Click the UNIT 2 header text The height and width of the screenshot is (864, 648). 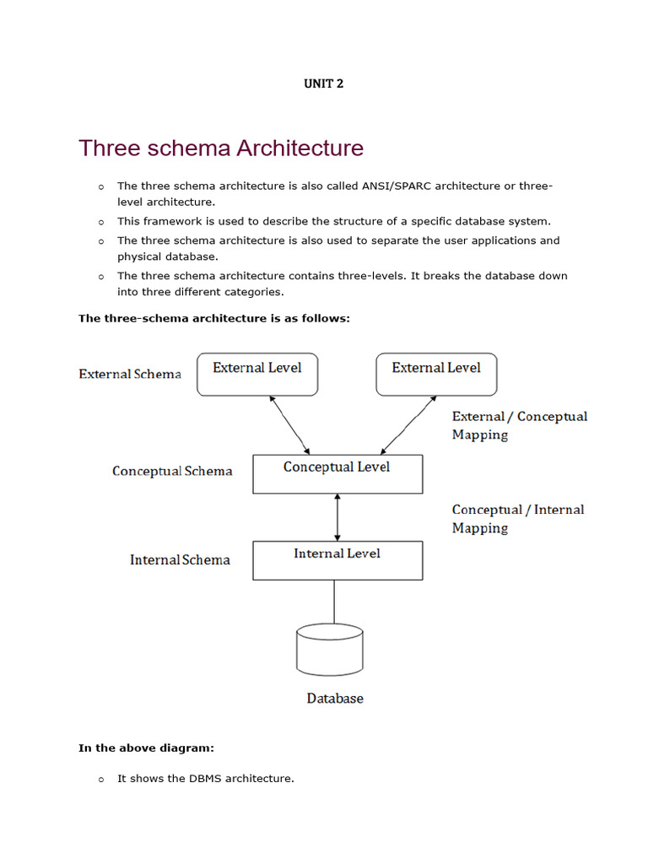point(324,84)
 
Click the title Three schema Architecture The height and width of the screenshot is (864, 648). point(221,148)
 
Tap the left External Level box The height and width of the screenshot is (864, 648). point(257,374)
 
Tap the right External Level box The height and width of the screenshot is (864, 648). point(436,374)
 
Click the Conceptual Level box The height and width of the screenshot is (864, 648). point(337,473)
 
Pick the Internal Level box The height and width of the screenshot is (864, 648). point(337,560)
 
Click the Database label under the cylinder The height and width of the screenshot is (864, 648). point(335,699)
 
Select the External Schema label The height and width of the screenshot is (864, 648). point(130,374)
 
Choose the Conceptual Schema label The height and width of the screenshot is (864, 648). point(172,471)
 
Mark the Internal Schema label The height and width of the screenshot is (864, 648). point(180,559)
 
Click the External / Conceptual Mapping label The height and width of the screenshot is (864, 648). point(520,425)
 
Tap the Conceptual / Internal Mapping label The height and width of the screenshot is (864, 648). point(518,518)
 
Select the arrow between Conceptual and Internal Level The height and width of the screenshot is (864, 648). point(337,517)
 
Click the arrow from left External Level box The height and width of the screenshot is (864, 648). point(289,425)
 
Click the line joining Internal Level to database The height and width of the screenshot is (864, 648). point(334,602)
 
